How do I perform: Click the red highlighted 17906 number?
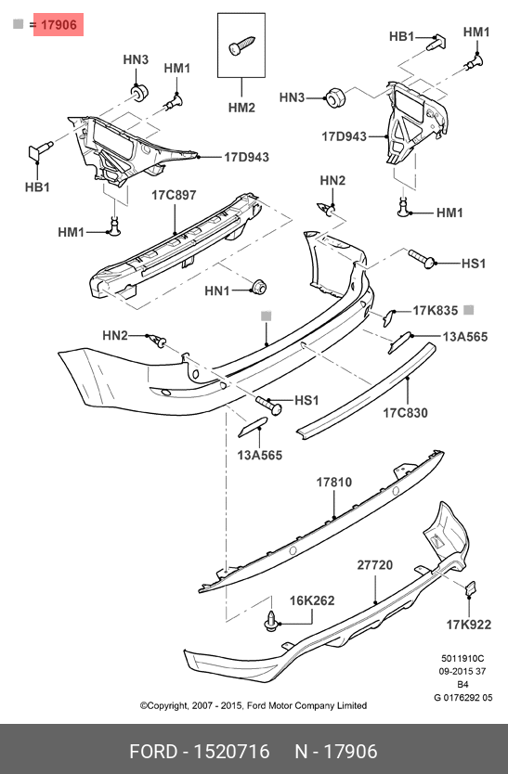(x=59, y=25)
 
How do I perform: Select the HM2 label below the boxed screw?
(x=241, y=108)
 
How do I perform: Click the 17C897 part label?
(x=174, y=195)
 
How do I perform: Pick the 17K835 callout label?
(x=436, y=311)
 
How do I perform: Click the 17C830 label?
(x=406, y=413)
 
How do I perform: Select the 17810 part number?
(x=334, y=483)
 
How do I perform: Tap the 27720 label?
(x=375, y=565)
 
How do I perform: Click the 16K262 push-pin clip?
(x=271, y=621)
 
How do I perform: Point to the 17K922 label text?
(x=469, y=625)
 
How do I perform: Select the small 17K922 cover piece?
(x=470, y=588)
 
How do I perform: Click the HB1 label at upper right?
(x=402, y=36)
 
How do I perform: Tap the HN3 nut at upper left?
(x=138, y=92)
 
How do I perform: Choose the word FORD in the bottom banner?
(x=152, y=752)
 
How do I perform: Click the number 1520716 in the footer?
(x=231, y=752)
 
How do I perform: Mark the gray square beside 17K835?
(x=469, y=310)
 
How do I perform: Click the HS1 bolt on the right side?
(x=422, y=259)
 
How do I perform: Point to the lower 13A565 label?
(x=259, y=455)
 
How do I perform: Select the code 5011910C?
(x=462, y=659)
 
